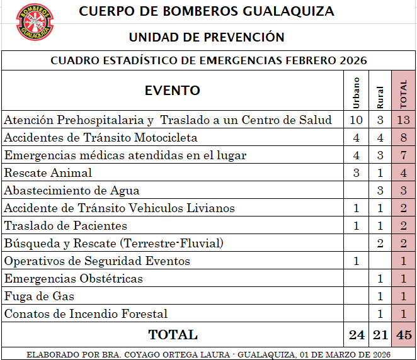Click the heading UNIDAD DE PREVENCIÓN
[x=207, y=37]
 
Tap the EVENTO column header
[x=172, y=91]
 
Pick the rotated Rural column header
[x=380, y=95]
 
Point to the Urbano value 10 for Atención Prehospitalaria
[x=356, y=120]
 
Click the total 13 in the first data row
[x=404, y=120]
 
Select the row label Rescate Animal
[x=49, y=172]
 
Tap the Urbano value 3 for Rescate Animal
[x=356, y=172]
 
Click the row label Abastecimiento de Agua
[x=72, y=190]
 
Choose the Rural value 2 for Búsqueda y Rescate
[x=380, y=243]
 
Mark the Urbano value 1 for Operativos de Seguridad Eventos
[x=356, y=261]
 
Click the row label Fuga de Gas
[x=39, y=296]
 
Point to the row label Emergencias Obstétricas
[x=74, y=278]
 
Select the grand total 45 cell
[x=404, y=334]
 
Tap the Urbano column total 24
[x=357, y=334]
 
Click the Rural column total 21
[x=380, y=334]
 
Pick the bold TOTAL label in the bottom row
[x=172, y=334]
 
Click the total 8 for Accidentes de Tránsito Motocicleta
[x=404, y=137]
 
